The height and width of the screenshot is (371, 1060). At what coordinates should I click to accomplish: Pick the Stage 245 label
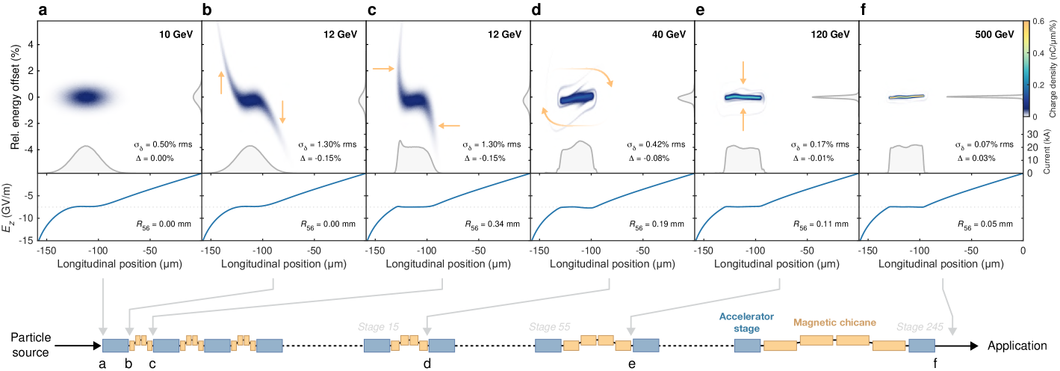918,326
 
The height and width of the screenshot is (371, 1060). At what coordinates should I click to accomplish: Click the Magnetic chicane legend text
834,322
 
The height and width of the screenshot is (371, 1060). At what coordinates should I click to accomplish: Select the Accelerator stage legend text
746,322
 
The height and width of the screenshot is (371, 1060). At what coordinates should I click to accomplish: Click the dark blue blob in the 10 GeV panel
87,96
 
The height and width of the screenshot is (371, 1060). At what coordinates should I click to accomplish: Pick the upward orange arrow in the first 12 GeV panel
221,82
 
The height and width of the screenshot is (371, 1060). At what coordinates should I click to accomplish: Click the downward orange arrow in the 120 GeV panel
743,73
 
